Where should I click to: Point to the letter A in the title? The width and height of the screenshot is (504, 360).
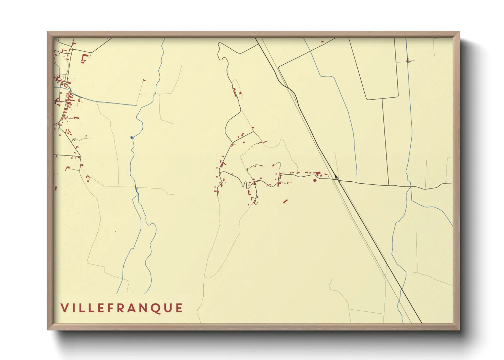point(131,308)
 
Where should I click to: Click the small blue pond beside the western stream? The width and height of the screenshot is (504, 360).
point(132,137)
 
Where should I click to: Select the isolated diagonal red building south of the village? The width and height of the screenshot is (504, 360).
point(285,201)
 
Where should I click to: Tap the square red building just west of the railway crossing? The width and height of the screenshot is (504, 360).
point(315,180)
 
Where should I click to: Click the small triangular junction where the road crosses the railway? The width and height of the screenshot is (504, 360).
point(336,177)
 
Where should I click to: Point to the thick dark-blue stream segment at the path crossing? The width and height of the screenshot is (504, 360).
point(137,191)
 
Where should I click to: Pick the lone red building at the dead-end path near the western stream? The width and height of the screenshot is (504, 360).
point(144,80)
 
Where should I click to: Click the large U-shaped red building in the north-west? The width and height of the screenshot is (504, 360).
point(84,58)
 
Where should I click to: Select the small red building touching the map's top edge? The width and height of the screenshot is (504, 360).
point(322,42)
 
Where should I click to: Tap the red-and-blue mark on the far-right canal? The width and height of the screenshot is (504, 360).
point(408,61)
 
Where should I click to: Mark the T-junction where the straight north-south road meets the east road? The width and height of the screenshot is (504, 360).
point(389,185)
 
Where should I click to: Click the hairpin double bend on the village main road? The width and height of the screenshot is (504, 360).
point(245,184)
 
